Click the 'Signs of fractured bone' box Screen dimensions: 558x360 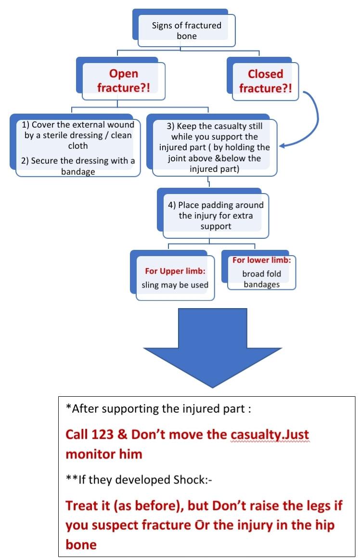187,30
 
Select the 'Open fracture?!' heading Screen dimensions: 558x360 124,81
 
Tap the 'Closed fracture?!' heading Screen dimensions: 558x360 265,81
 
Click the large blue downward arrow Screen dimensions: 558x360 216,347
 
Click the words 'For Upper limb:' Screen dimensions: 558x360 175,271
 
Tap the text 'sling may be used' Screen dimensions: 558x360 175,285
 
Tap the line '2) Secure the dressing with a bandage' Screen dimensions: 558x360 77,166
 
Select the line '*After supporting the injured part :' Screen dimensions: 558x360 158,410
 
